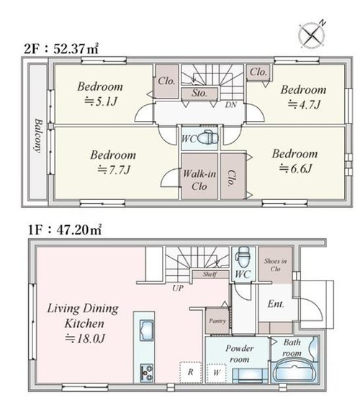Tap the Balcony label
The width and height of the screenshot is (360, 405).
click(x=38, y=136)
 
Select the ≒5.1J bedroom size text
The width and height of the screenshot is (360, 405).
click(x=101, y=101)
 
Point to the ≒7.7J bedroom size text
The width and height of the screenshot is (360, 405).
click(x=114, y=170)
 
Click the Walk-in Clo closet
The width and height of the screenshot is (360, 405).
click(x=199, y=176)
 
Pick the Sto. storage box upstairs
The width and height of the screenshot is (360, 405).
click(x=199, y=94)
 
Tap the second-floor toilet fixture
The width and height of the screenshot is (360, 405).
click(x=208, y=138)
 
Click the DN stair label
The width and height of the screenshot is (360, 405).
click(x=231, y=104)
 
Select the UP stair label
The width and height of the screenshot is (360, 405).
click(x=178, y=288)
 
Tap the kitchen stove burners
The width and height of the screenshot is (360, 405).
click(x=146, y=373)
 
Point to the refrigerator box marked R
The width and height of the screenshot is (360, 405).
click(x=191, y=372)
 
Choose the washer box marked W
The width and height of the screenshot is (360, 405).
click(x=217, y=373)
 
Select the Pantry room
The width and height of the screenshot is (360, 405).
click(x=217, y=321)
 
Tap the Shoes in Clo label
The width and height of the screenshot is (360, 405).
click(x=275, y=265)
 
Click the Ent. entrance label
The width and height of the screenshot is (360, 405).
click(x=276, y=304)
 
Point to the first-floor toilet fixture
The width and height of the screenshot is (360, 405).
click(x=242, y=257)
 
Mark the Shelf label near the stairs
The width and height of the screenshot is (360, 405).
click(x=210, y=274)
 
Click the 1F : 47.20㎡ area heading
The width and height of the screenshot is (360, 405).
click(x=65, y=229)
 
